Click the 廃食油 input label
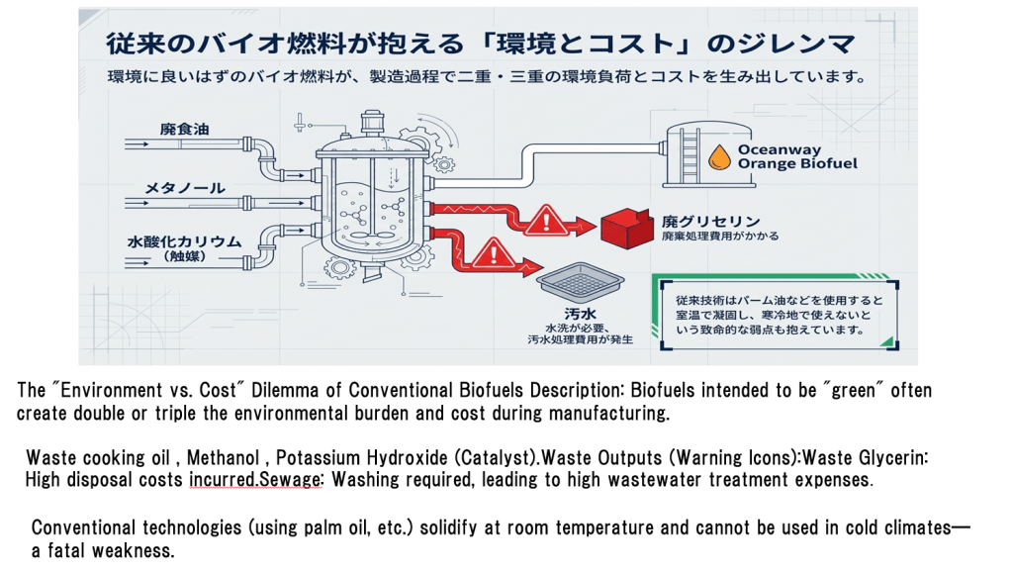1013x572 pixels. (184, 130)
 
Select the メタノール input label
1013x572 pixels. (185, 188)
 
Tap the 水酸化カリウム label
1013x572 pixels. (183, 241)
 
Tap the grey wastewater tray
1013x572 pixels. (581, 287)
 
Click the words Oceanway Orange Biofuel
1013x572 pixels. (796, 156)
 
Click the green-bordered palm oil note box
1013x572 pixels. (774, 314)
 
